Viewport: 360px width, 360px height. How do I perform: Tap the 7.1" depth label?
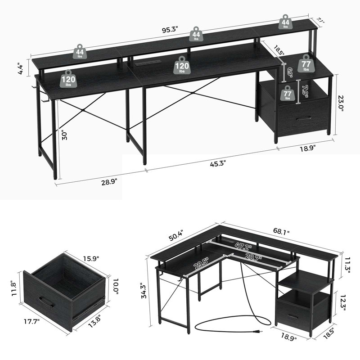click(320, 19)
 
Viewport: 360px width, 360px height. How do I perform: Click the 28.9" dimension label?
click(109, 181)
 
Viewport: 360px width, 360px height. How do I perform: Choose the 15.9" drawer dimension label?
click(90, 259)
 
